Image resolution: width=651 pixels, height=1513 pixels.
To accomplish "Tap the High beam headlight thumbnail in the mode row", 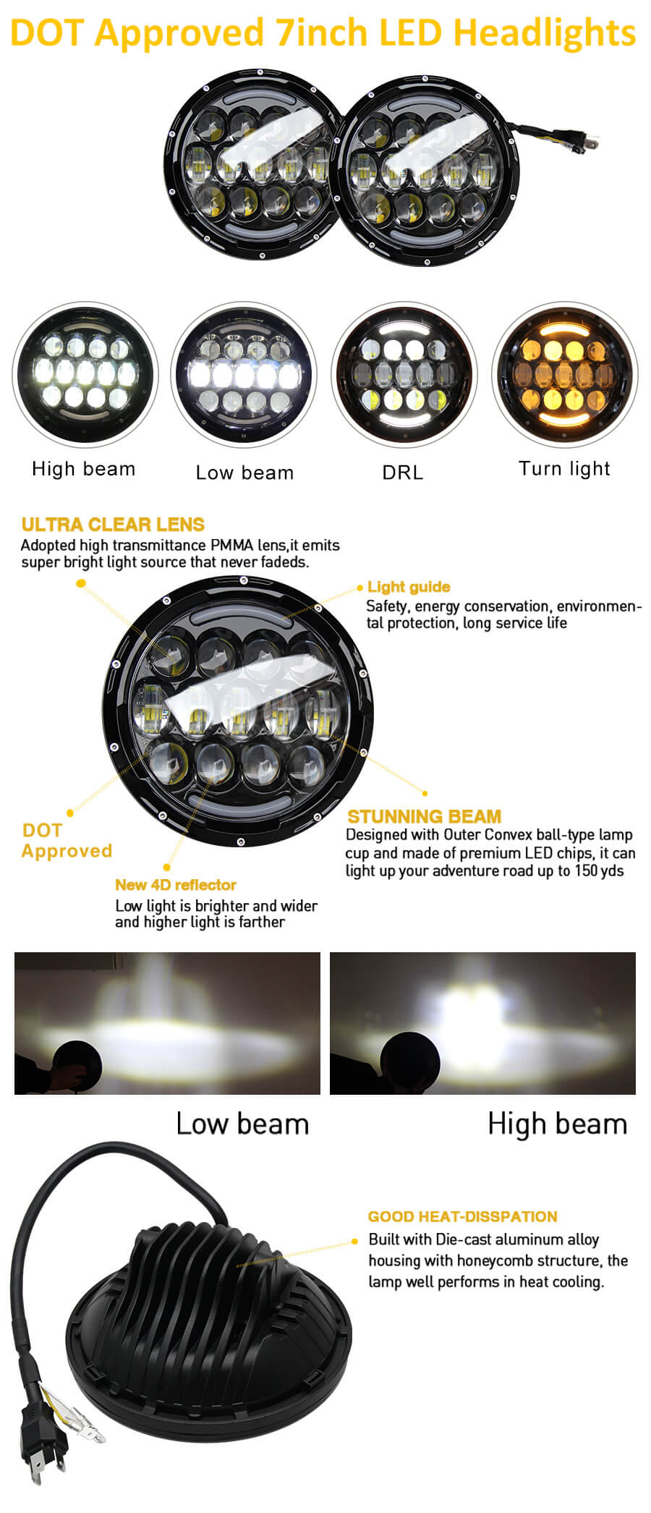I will pyautogui.click(x=85, y=375).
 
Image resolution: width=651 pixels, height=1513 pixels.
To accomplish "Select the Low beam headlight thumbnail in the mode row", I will pyautogui.click(x=244, y=376).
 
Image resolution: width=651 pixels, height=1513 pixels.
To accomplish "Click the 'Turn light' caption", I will pyautogui.click(x=564, y=469).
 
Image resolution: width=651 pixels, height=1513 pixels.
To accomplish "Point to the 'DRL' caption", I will pyautogui.click(x=402, y=472).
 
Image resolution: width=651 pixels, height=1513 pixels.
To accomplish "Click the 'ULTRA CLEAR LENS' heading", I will pyautogui.click(x=113, y=525).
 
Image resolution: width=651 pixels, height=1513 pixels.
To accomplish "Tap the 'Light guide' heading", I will pyautogui.click(x=409, y=587).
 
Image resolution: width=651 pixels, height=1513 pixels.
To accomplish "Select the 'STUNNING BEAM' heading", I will pyautogui.click(x=424, y=816).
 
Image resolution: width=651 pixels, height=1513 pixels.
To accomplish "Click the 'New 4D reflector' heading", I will pyautogui.click(x=176, y=884).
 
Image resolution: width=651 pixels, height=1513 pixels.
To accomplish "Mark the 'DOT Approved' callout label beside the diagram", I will pyautogui.click(x=66, y=841).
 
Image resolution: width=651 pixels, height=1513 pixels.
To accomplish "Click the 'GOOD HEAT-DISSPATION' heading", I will pyautogui.click(x=462, y=1216).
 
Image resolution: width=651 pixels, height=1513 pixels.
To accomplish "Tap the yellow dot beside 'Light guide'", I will pyautogui.click(x=359, y=588).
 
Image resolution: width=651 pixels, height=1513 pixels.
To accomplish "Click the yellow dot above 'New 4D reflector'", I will pyautogui.click(x=167, y=867).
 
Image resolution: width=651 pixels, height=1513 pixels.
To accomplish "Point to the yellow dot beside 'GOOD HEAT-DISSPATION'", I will pyautogui.click(x=354, y=1241).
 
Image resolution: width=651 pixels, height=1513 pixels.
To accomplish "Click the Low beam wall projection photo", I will pyautogui.click(x=167, y=1023).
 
